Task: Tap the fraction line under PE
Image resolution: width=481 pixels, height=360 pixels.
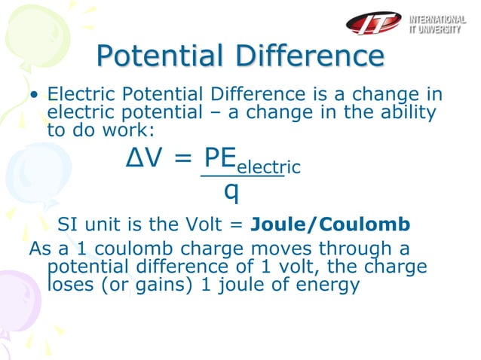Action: click(x=241, y=177)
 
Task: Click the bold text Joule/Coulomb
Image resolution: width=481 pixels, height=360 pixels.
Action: click(x=330, y=224)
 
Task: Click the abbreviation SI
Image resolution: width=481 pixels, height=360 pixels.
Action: click(x=68, y=224)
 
